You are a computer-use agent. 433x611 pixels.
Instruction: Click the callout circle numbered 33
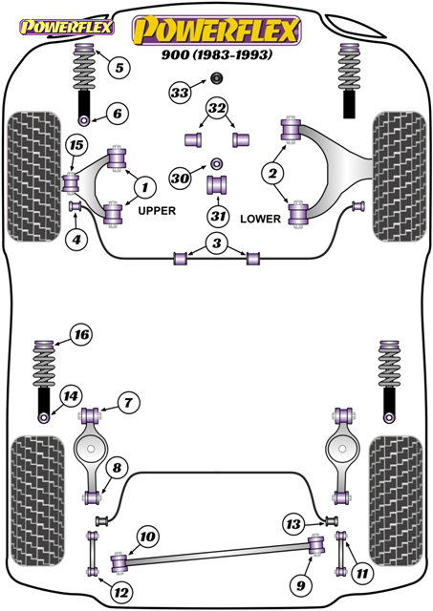(x=180, y=93)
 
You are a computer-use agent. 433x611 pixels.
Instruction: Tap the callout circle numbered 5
(x=119, y=68)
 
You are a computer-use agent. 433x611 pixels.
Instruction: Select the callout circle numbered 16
(x=82, y=335)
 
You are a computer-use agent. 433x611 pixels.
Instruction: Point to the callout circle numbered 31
(x=218, y=216)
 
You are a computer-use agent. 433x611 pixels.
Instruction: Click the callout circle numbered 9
(x=301, y=585)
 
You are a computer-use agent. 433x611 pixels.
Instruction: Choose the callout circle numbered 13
(x=293, y=524)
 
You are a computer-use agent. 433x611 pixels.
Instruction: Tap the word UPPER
(x=157, y=211)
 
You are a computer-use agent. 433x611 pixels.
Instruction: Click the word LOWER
(x=261, y=219)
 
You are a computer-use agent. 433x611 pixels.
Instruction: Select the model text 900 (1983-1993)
(x=217, y=54)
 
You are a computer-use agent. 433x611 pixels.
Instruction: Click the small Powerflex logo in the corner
(x=67, y=27)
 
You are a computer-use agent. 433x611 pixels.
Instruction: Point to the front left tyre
(x=34, y=178)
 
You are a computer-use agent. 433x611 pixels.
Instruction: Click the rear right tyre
(x=396, y=500)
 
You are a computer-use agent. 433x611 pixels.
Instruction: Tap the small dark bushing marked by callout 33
(x=216, y=78)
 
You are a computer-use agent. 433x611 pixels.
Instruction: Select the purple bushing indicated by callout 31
(x=216, y=184)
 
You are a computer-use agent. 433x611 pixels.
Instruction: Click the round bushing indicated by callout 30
(x=216, y=163)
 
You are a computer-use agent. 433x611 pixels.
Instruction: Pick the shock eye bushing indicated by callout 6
(x=85, y=121)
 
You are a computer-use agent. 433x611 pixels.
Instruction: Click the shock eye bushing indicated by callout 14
(x=44, y=418)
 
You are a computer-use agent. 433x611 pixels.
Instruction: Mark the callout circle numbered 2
(x=272, y=173)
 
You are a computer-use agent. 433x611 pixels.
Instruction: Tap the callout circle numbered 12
(x=121, y=593)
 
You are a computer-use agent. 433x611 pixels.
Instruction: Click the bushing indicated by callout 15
(x=71, y=183)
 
